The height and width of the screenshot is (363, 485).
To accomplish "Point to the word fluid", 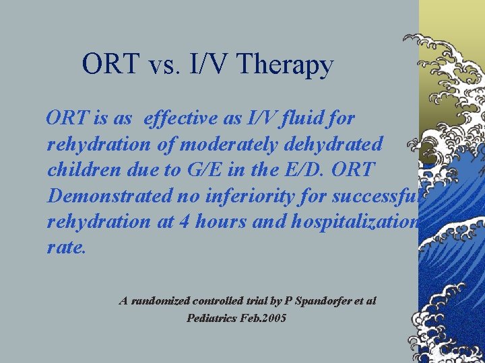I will pos(308,118).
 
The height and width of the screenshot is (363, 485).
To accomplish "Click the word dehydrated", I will pos(341,144).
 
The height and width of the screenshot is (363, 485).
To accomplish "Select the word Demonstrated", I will pos(111,196).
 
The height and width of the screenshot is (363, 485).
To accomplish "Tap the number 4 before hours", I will pos(187,222).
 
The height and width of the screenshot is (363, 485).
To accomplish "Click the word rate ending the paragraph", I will pos(66,247).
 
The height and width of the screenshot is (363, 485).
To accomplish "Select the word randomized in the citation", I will pos(160,301).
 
